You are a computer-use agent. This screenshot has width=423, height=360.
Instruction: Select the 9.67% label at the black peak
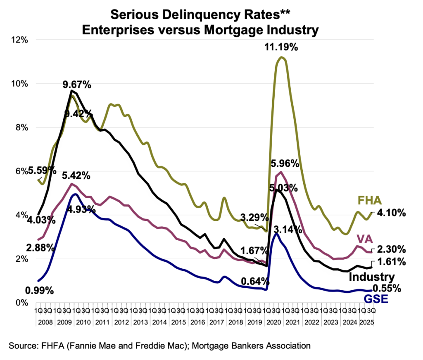[x=77, y=85]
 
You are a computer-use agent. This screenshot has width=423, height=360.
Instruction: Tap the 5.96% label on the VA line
[x=285, y=163]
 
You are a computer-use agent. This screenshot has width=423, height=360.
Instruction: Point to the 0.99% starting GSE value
[x=40, y=290]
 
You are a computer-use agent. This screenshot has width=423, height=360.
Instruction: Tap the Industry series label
[x=372, y=277]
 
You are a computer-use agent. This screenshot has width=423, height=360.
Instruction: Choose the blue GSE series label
[x=375, y=298]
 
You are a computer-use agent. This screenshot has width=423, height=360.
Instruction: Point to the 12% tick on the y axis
[x=19, y=40]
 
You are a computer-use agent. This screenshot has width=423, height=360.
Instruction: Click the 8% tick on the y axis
[x=21, y=128]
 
